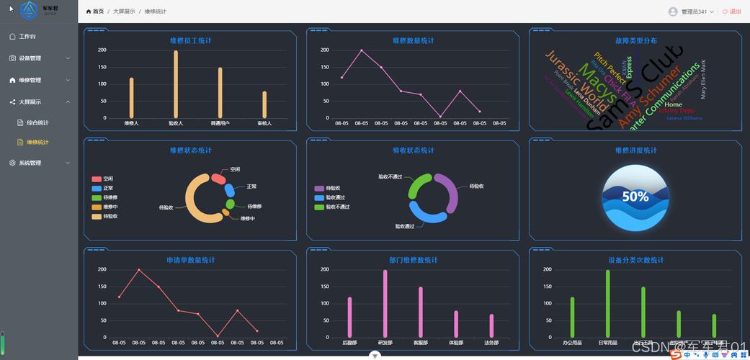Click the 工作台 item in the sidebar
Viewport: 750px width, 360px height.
(x=27, y=36)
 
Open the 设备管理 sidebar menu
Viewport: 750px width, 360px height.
(x=30, y=58)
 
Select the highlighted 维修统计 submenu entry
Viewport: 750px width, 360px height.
(x=37, y=142)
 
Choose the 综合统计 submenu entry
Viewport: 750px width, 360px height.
(x=37, y=122)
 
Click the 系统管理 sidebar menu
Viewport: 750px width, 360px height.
(x=30, y=163)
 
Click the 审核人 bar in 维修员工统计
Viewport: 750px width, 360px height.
(x=264, y=104)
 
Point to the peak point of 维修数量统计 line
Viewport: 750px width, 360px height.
(x=362, y=50)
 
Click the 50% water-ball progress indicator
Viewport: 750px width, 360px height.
(x=635, y=197)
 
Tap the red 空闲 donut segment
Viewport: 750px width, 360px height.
(x=218, y=179)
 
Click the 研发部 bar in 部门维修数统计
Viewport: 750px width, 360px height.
(x=385, y=303)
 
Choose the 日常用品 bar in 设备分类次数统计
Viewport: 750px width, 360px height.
(x=608, y=303)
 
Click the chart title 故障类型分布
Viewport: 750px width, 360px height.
(x=635, y=41)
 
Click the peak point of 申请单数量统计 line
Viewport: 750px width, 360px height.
(x=139, y=270)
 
